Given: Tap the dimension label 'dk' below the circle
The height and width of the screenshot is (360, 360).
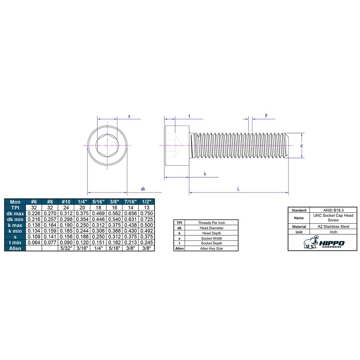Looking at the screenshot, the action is pyautogui.click(x=143, y=189).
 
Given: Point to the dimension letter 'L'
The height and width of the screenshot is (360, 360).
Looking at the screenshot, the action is pyautogui.click(x=238, y=189).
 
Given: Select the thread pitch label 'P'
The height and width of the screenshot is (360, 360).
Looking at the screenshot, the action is pyautogui.click(x=266, y=116).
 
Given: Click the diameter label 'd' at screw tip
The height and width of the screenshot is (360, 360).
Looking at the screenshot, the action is pyautogui.click(x=301, y=145).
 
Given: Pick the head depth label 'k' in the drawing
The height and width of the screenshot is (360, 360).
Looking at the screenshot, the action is pyautogui.click(x=205, y=174).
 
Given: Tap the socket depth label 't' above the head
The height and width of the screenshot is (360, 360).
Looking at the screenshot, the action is pyautogui.click(x=189, y=116).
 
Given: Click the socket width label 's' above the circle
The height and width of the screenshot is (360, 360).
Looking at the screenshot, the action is pyautogui.click(x=129, y=116).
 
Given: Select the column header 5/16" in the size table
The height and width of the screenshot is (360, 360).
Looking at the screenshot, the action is pyautogui.click(x=98, y=202).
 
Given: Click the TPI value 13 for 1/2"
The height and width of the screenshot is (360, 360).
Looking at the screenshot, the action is pyautogui.click(x=147, y=207).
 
